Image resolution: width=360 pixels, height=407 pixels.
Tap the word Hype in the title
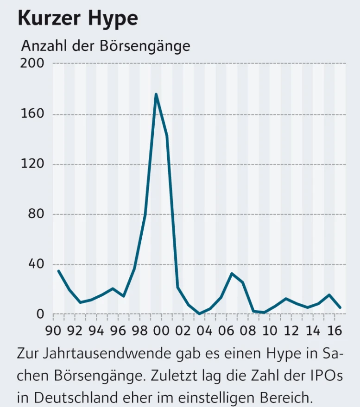(x=115, y=19)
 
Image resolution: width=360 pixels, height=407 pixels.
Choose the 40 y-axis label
(x=35, y=264)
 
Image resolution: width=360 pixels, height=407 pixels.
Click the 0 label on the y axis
(x=39, y=314)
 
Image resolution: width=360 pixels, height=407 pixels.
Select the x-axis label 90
(x=53, y=331)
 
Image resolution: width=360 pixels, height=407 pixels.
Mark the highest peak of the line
(x=156, y=94)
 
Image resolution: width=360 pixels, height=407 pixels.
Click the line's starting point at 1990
(x=58, y=271)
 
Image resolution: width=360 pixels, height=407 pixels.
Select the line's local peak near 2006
(x=232, y=273)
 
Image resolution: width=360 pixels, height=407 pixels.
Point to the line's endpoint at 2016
(x=341, y=307)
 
